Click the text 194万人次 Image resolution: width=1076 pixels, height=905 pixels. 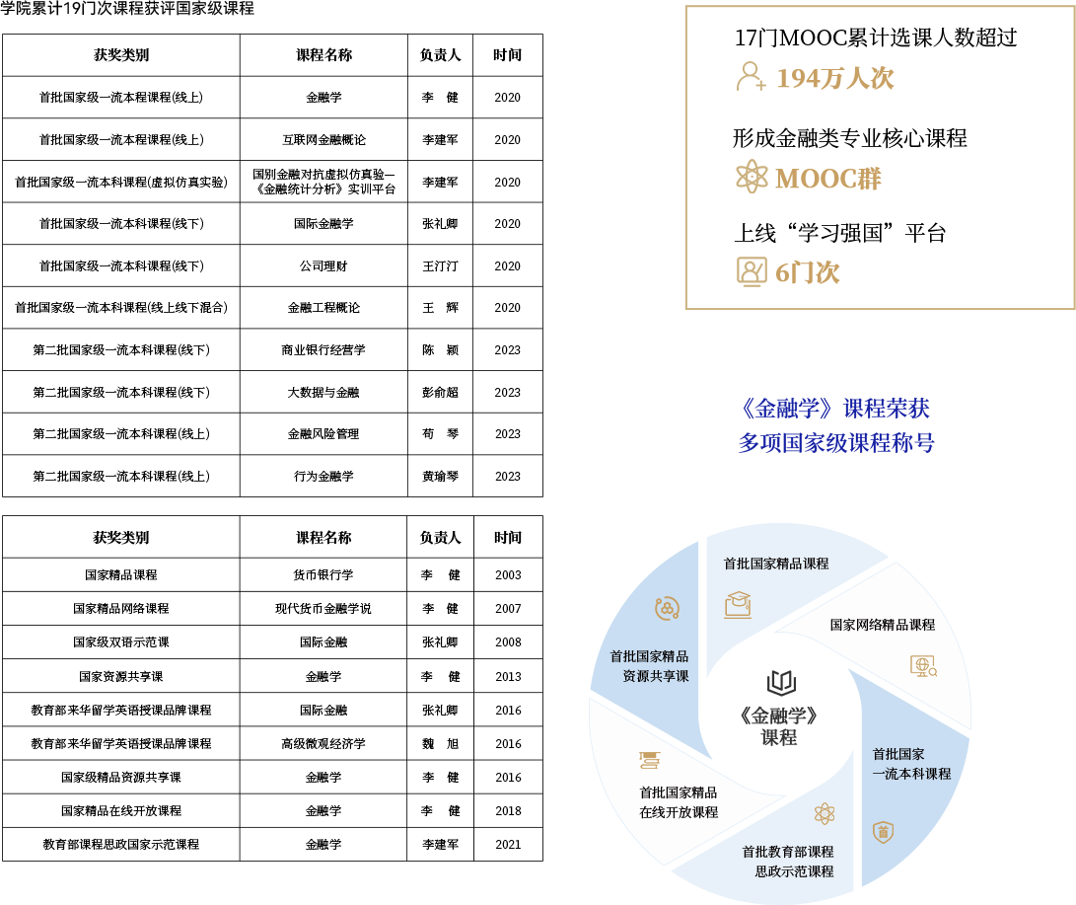point(835,78)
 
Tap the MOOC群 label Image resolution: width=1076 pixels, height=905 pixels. point(828,179)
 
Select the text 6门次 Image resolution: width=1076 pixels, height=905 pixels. point(808,272)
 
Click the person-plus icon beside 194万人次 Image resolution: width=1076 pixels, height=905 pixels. point(751,77)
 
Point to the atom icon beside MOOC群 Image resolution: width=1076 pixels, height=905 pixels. point(752,177)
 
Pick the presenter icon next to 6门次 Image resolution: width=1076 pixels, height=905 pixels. point(752,271)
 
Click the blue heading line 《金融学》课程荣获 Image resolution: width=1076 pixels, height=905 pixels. point(834,409)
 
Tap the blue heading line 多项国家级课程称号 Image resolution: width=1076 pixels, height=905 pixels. point(836,443)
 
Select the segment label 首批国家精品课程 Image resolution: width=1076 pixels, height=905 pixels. point(776,564)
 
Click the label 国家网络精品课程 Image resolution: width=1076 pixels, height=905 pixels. point(882,625)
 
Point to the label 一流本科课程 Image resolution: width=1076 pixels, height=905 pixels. point(911,774)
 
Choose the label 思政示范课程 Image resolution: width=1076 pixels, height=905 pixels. point(794,871)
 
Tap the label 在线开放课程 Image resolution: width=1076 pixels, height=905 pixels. point(679,812)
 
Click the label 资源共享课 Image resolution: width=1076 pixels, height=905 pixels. point(655,676)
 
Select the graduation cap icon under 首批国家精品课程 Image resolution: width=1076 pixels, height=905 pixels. point(738,604)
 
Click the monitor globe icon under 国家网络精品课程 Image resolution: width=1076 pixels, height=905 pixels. point(923,666)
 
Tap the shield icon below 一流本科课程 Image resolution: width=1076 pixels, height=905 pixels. point(883,832)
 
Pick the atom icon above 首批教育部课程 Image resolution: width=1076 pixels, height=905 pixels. point(825,813)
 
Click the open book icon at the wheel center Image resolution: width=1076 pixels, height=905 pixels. point(781,682)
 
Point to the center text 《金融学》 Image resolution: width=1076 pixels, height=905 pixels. point(779,716)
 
